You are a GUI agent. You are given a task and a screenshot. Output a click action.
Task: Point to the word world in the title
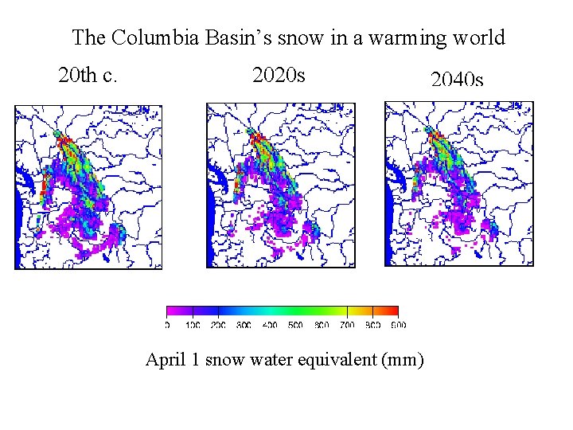pyautogui.click(x=477, y=37)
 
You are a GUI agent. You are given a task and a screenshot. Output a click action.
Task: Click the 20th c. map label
pyautogui.click(x=88, y=76)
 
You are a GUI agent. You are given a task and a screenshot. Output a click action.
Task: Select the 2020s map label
pyautogui.click(x=279, y=76)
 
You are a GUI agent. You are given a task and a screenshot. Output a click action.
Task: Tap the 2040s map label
pyautogui.click(x=457, y=80)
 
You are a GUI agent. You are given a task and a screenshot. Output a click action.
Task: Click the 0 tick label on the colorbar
pyautogui.click(x=167, y=325)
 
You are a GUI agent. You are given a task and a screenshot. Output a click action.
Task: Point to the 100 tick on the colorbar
pyautogui.click(x=193, y=325)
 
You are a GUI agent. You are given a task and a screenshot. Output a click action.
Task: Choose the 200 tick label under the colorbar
pyautogui.click(x=218, y=325)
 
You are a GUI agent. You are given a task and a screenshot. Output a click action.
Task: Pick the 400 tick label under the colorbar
pyautogui.click(x=270, y=325)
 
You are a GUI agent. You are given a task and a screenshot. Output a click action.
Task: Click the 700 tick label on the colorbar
pyautogui.click(x=347, y=325)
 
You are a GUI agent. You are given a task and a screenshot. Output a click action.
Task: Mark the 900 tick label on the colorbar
pyautogui.click(x=398, y=325)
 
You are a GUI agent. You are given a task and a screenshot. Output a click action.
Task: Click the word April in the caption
pyautogui.click(x=166, y=360)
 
